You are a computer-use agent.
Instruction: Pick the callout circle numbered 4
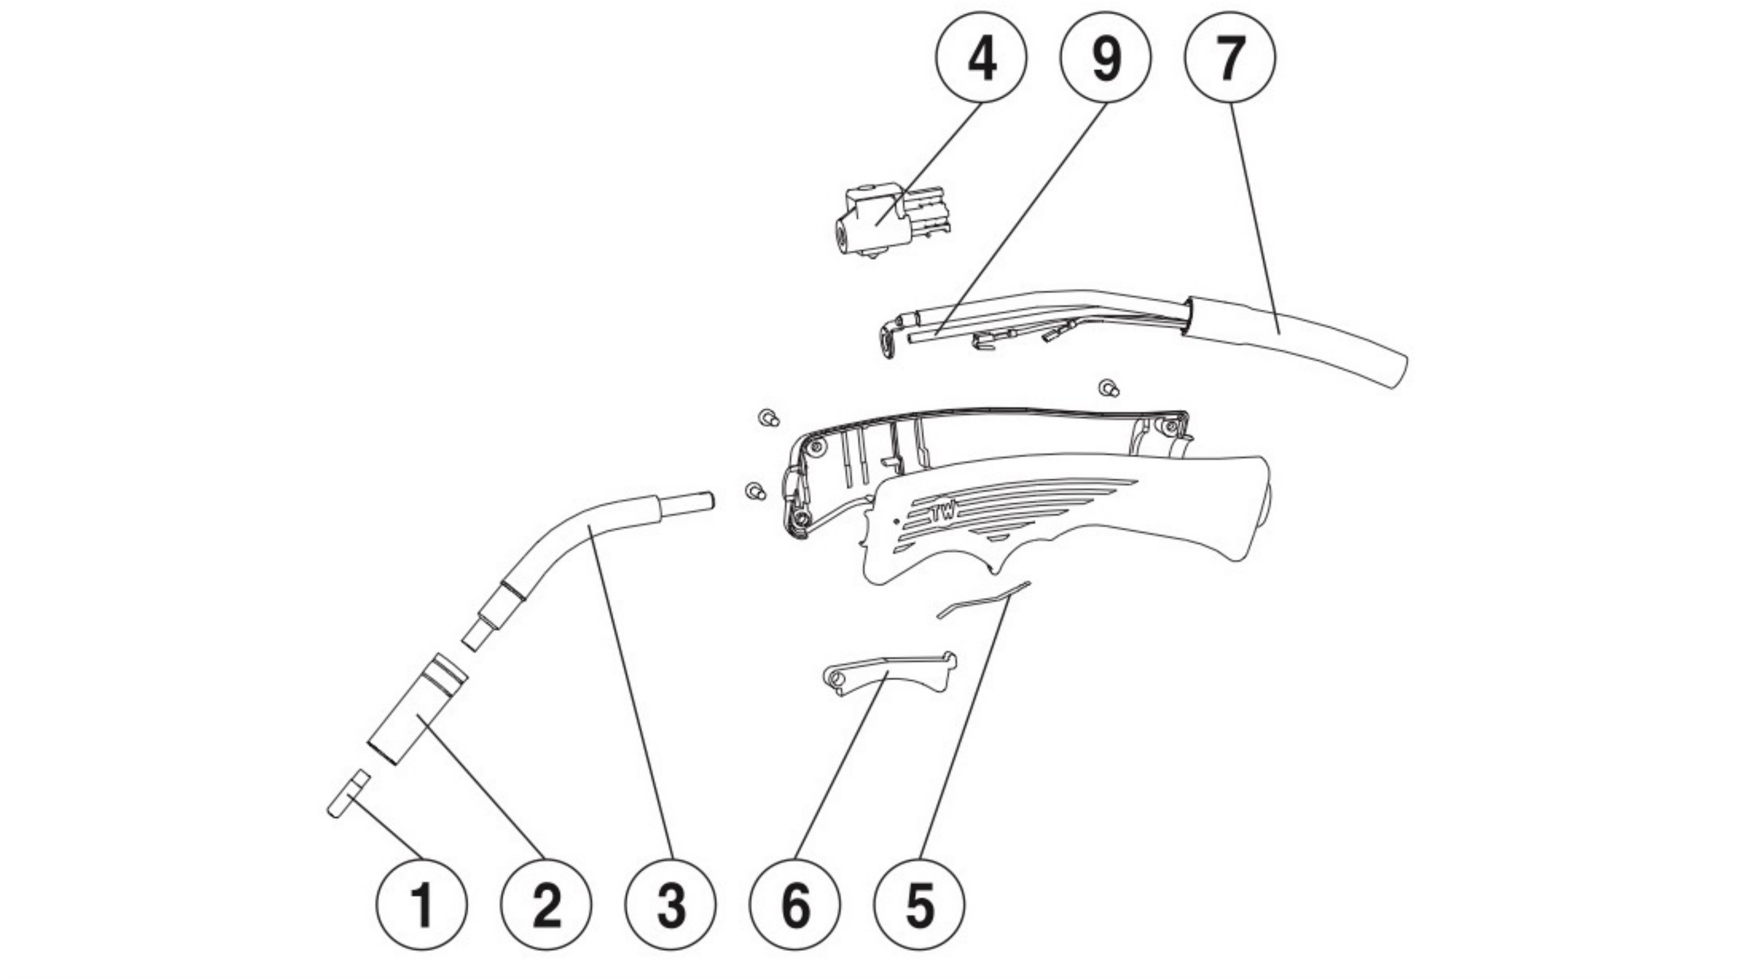(x=981, y=57)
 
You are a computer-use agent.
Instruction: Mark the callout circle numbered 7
(x=1230, y=57)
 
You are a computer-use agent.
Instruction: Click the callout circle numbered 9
(x=1106, y=57)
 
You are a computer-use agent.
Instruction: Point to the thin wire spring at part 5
(x=984, y=599)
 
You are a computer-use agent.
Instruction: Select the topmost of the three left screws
(x=768, y=418)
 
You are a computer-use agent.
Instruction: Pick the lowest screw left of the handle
(x=755, y=490)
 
